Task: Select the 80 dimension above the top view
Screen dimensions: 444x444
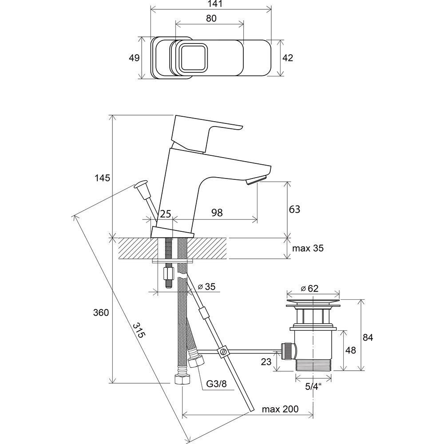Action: pyautogui.click(x=211, y=18)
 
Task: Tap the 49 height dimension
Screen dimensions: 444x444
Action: pyautogui.click(x=134, y=58)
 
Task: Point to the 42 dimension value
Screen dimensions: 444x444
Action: pyautogui.click(x=288, y=58)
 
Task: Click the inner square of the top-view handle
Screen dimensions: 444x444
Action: pyautogui.click(x=192, y=57)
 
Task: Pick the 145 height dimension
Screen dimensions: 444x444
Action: pyautogui.click(x=102, y=178)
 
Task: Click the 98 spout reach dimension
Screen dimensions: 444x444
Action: pyautogui.click(x=217, y=213)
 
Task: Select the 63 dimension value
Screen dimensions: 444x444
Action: pyautogui.click(x=294, y=209)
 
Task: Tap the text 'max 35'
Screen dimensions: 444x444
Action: pyautogui.click(x=308, y=248)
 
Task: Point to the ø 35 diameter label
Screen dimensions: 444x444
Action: pyautogui.click(x=206, y=286)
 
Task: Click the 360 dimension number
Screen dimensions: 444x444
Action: pyautogui.click(x=101, y=313)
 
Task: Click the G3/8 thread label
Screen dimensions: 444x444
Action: pyautogui.click(x=216, y=384)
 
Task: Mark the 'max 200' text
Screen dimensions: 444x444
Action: pyautogui.click(x=280, y=409)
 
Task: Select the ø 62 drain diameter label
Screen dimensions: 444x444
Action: pyautogui.click(x=309, y=289)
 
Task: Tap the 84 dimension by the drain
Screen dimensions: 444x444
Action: pyautogui.click(x=368, y=337)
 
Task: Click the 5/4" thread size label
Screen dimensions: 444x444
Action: pyautogui.click(x=313, y=386)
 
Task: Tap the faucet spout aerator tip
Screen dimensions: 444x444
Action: pyautogui.click(x=256, y=180)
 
